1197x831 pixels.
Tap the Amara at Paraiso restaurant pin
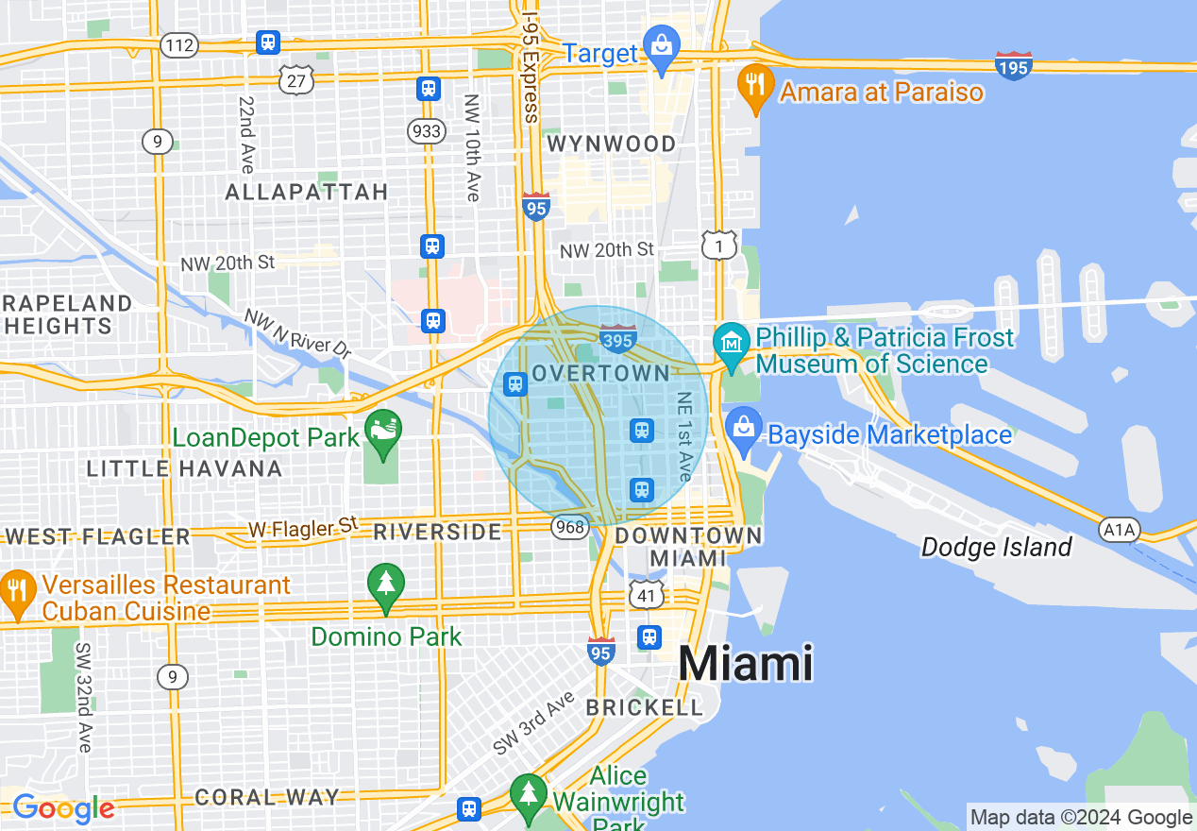click(x=754, y=85)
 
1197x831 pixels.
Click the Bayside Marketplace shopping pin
click(x=745, y=429)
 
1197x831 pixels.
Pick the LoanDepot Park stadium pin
click(x=382, y=433)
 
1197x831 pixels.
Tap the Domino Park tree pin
click(x=385, y=584)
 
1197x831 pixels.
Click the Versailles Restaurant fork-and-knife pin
click(x=17, y=590)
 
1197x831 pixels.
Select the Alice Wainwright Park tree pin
click(x=529, y=795)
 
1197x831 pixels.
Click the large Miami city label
click(x=746, y=663)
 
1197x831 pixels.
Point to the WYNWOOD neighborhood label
click(x=612, y=144)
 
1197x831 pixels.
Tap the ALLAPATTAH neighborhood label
click(x=307, y=193)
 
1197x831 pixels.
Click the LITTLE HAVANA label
click(x=184, y=468)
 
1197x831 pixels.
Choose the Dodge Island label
click(x=997, y=547)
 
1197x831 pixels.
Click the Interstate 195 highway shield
click(x=1013, y=65)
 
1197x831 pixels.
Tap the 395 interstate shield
click(x=617, y=339)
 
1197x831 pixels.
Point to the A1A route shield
click(x=1120, y=530)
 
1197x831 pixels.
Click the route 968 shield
click(x=570, y=526)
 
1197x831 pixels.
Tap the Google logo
click(x=63, y=808)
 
